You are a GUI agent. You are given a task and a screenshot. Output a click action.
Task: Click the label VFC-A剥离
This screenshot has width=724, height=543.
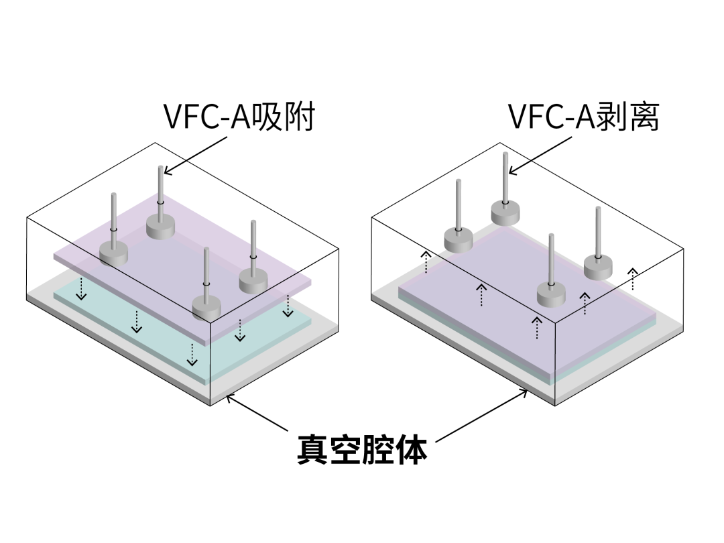click(x=583, y=118)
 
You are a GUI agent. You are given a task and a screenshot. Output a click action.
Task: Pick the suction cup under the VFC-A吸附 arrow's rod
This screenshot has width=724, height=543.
click(x=160, y=227)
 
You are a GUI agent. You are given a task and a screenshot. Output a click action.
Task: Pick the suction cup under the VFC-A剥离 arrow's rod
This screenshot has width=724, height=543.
click(x=505, y=213)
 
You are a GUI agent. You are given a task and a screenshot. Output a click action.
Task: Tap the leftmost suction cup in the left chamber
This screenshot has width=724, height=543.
click(x=113, y=252)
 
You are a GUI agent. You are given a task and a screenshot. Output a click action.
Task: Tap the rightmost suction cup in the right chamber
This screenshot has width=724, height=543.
click(x=598, y=267)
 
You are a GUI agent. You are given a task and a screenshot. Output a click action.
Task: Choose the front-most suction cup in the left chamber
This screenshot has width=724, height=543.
click(x=206, y=307)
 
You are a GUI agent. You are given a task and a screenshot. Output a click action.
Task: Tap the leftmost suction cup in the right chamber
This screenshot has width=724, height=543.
click(x=459, y=239)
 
